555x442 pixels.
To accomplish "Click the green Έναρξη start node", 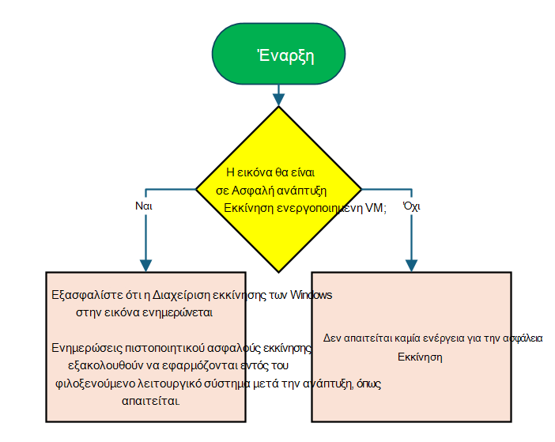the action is [x=278, y=54].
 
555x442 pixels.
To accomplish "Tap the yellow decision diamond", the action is [x=278, y=189].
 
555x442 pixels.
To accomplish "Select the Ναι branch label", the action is [x=144, y=206].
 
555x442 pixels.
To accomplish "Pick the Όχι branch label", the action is [x=411, y=206].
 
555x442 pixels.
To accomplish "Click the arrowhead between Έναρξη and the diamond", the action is [x=278, y=100].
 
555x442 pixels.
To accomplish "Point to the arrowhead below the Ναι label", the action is [x=145, y=266].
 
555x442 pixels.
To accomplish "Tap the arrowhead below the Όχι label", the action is [x=411, y=266].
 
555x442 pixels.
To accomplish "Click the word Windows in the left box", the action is [x=311, y=295].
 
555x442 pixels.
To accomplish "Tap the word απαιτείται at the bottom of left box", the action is [x=150, y=401].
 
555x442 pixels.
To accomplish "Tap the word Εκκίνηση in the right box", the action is [x=420, y=357].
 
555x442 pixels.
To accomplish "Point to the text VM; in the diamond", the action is [x=376, y=208].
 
